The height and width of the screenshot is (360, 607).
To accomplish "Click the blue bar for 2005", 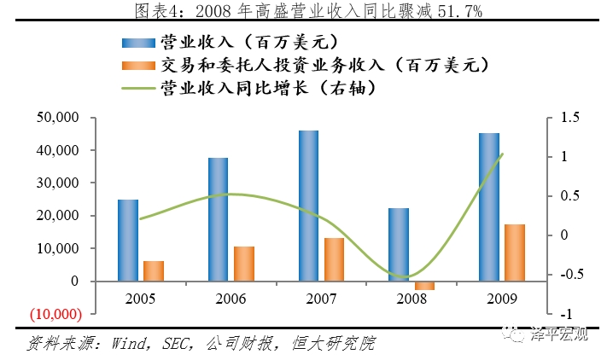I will coord(128,240).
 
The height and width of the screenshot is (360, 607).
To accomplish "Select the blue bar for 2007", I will coord(308,206).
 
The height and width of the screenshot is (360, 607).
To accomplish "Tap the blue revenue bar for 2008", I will coord(399,244).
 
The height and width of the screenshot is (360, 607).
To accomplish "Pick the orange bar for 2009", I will coord(514,253).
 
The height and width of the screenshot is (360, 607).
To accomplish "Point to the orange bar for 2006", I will coord(243,264).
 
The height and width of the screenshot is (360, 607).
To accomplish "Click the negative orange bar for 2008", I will coord(424,285).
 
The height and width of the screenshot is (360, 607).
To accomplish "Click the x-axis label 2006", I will coord(231,300).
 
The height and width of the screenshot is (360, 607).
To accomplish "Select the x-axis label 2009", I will coord(501,300).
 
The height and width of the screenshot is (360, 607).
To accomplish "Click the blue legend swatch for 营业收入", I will coord(137,42).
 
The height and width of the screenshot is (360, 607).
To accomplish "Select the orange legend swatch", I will coord(137,65).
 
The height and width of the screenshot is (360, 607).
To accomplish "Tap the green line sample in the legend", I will coord(137,87).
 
